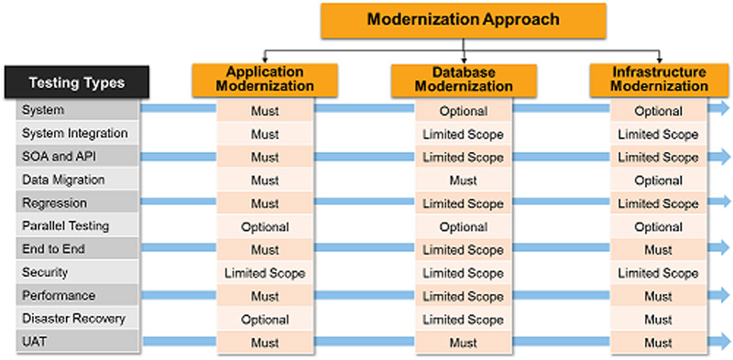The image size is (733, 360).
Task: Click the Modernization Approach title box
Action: click(463, 18)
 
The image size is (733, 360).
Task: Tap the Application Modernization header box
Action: click(265, 79)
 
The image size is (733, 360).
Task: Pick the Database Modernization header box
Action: click(464, 80)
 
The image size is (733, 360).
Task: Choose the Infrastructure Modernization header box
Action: click(660, 79)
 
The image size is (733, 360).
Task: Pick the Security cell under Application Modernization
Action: click(265, 273)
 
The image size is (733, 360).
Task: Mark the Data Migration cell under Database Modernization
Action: click(464, 180)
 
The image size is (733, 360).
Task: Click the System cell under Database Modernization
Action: click(464, 111)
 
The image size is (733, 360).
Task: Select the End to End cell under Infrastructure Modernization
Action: click(659, 249)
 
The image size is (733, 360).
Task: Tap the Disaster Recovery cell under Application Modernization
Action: click(265, 319)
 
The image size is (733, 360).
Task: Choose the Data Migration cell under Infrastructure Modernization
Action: click(659, 180)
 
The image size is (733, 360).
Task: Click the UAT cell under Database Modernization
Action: click(464, 342)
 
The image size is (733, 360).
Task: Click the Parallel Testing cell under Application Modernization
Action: click(265, 226)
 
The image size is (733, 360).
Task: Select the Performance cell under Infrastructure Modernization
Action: click(659, 296)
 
